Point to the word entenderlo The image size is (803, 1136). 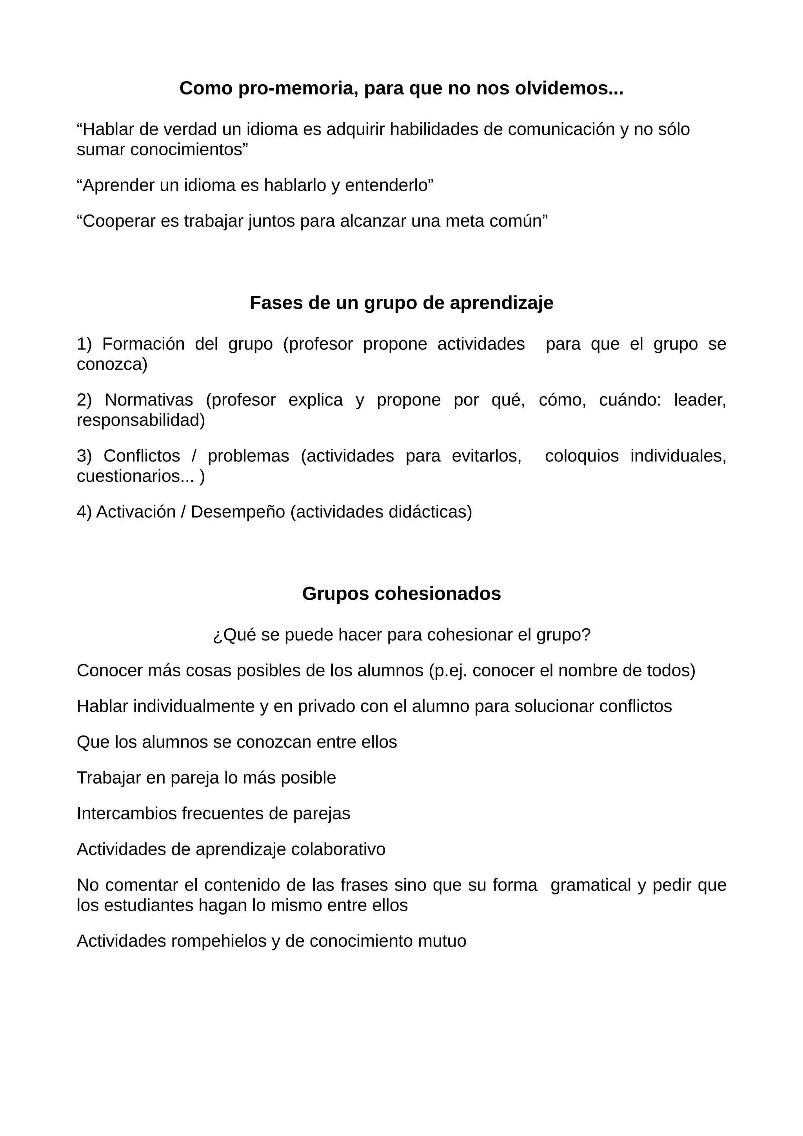[x=389, y=185]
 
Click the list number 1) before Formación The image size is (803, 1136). [x=84, y=344]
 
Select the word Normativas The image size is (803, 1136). [x=149, y=400]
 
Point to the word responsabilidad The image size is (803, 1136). [x=140, y=420]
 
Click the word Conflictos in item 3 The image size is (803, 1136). [x=142, y=455]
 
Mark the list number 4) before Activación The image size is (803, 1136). [x=84, y=512]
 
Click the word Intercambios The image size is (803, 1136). [x=127, y=813]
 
